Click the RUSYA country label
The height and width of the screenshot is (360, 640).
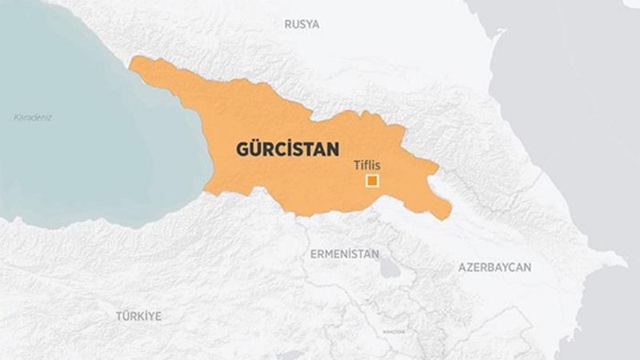coord(302,24)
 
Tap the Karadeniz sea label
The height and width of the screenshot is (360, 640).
coord(33,118)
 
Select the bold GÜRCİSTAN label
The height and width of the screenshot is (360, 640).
coord(287,149)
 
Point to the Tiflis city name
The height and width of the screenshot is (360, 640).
coord(366,166)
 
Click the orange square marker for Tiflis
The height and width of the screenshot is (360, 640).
coord(372,181)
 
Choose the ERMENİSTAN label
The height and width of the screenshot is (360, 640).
coord(344,254)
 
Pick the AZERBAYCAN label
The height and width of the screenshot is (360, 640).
coord(494,267)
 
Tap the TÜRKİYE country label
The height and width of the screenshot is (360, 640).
coord(138,316)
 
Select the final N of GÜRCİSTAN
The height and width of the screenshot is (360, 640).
coord(333,149)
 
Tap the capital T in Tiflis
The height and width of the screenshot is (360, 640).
coord(356,166)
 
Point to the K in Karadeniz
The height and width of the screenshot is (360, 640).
coord(16,118)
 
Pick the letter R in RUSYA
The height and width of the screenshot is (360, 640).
coord(288,24)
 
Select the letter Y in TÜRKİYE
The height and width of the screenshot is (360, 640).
coord(148,316)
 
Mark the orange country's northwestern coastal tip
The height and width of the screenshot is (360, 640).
coord(132,62)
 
